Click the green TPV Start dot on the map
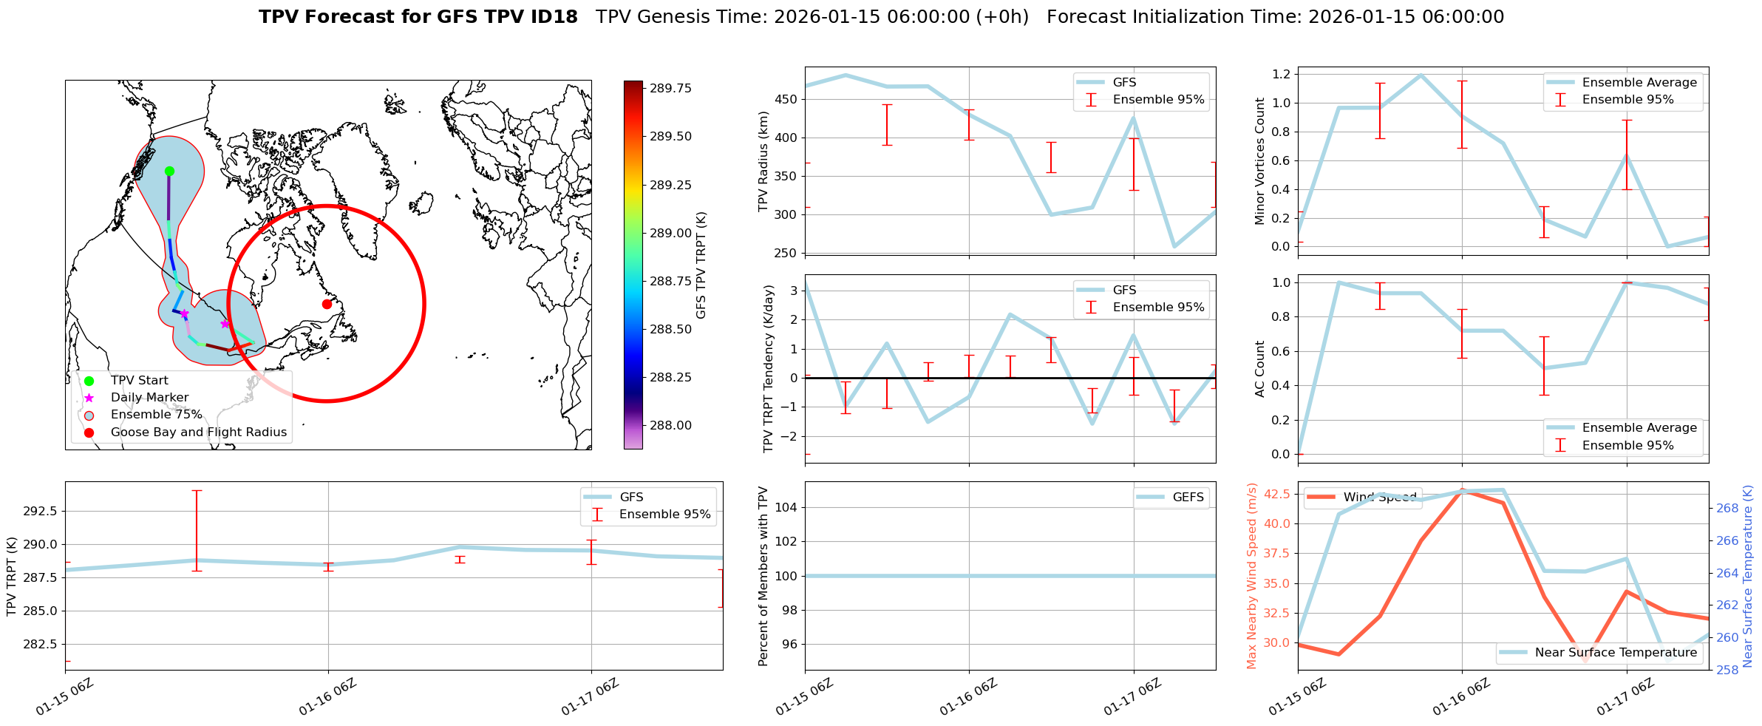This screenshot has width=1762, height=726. click(x=169, y=172)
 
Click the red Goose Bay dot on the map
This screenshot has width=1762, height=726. click(x=327, y=304)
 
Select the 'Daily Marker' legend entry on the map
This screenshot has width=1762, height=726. click(x=149, y=398)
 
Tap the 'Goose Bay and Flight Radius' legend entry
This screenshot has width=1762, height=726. click(x=198, y=432)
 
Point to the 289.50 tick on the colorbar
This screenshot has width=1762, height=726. click(x=670, y=137)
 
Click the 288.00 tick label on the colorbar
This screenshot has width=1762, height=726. click(x=670, y=426)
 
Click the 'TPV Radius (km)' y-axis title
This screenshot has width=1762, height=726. click(x=763, y=161)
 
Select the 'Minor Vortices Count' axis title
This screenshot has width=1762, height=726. click(x=1260, y=161)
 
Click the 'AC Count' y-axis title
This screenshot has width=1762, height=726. click(x=1260, y=369)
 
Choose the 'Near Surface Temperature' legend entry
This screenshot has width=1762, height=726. click(x=1616, y=653)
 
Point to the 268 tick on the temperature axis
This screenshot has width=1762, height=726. click(x=1727, y=509)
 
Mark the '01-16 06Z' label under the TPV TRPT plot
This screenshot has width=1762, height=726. click(x=327, y=697)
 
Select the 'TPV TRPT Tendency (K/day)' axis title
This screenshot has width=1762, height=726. click(x=769, y=369)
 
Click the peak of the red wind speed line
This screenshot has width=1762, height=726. click(x=1462, y=489)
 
